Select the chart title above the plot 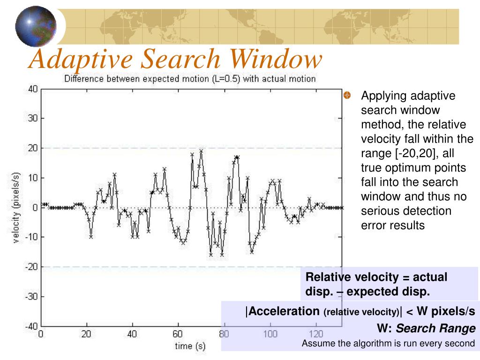tap(190, 79)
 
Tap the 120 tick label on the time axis tap(316, 335)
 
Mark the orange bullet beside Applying tap(347, 96)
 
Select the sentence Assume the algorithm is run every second tap(389, 343)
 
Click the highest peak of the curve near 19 tap(201, 151)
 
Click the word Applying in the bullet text tap(385, 96)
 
